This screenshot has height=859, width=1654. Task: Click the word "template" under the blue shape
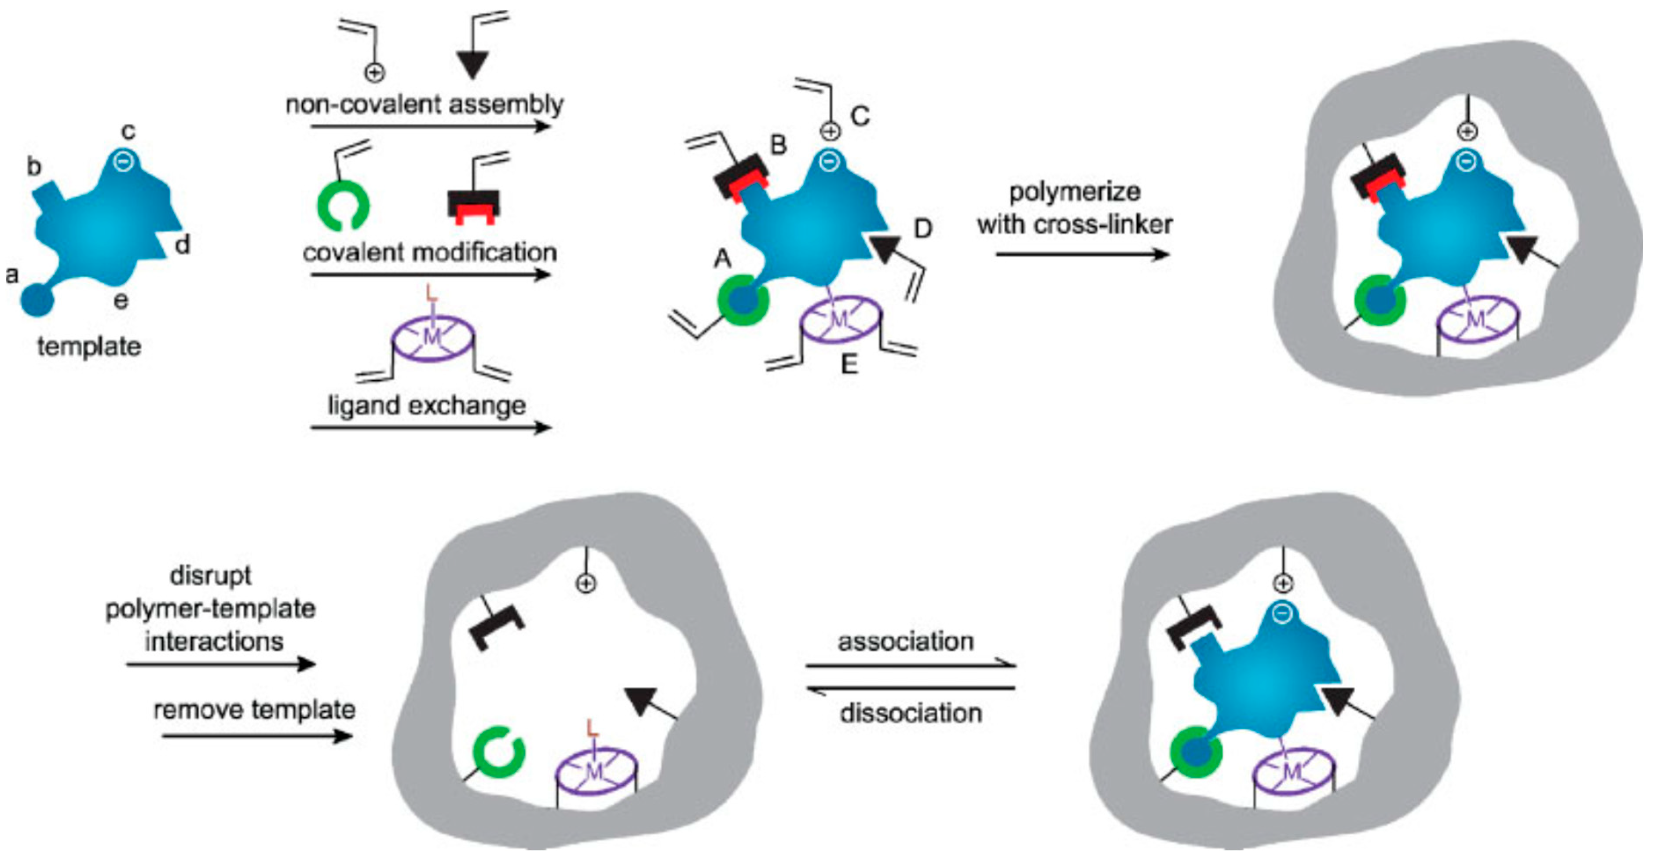pyautogui.click(x=89, y=347)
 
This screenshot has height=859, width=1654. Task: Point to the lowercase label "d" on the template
pyautogui.click(x=183, y=245)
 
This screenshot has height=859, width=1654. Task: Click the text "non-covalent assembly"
pyautogui.click(x=424, y=104)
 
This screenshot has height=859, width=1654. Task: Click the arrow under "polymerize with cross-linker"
pyautogui.click(x=1083, y=254)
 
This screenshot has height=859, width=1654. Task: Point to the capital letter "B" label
pyautogui.click(x=778, y=145)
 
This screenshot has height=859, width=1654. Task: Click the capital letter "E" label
pyautogui.click(x=849, y=365)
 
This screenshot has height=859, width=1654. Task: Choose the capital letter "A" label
pyautogui.click(x=723, y=259)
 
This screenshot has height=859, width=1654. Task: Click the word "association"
pyautogui.click(x=905, y=641)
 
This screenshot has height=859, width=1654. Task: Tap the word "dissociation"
pyautogui.click(x=911, y=713)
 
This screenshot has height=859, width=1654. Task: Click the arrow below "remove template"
pyautogui.click(x=257, y=736)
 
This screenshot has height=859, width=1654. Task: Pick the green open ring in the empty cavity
pyautogui.click(x=499, y=752)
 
